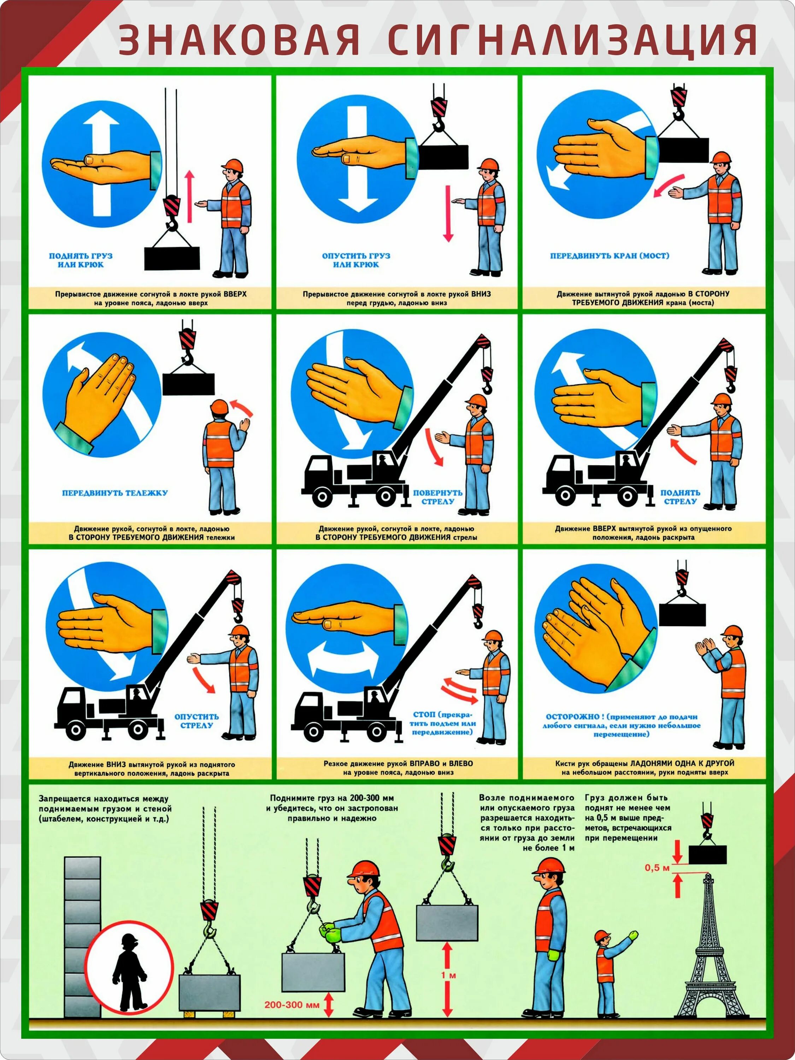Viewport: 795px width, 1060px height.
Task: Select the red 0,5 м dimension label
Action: pyautogui.click(x=656, y=868)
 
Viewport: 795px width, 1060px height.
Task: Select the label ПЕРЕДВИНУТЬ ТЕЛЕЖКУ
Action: pyautogui.click(x=114, y=493)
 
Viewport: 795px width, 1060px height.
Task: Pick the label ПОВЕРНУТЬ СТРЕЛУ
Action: pyautogui.click(x=437, y=497)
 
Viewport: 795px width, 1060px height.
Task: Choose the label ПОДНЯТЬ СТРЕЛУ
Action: pyautogui.click(x=680, y=497)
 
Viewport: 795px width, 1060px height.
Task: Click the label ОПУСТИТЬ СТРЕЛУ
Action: pyautogui.click(x=196, y=721)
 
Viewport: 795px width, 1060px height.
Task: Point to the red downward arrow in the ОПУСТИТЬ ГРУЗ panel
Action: pyautogui.click(x=448, y=213)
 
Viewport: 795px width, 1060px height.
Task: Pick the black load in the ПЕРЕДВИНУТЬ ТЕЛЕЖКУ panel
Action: pyautogui.click(x=188, y=384)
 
